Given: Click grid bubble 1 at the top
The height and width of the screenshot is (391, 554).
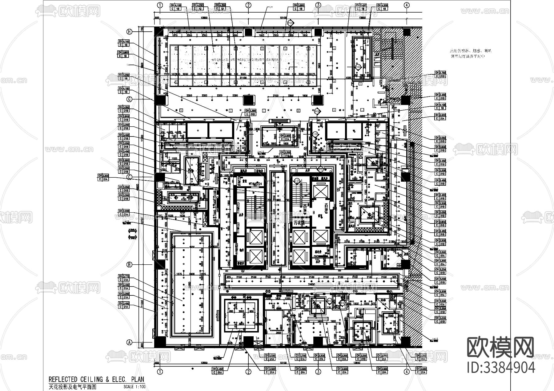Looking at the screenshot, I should (160, 5).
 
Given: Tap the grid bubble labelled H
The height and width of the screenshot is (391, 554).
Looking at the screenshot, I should (130, 32).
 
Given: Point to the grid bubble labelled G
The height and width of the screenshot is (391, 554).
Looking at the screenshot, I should (130, 99).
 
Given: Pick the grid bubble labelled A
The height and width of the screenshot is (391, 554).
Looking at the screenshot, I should (130, 342).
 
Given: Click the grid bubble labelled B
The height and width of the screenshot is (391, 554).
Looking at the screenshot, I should (130, 265).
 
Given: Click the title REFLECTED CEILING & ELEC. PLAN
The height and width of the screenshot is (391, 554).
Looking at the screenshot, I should (96, 380).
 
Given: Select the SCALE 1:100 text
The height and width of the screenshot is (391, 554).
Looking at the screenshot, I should (134, 387).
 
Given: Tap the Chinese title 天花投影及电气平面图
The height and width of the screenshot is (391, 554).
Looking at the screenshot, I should (72, 387).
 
